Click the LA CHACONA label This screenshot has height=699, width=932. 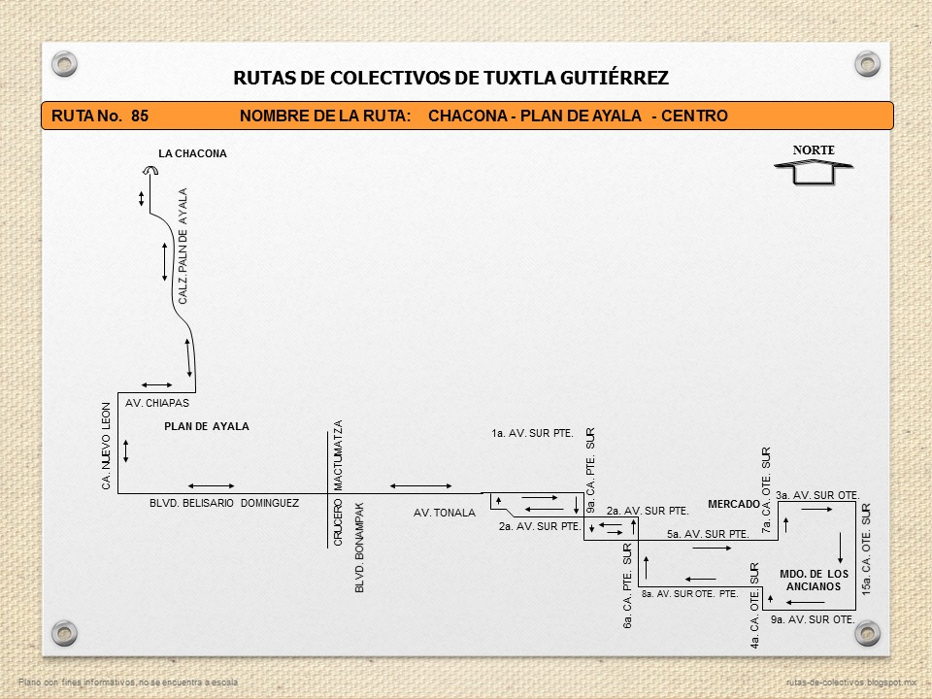192,153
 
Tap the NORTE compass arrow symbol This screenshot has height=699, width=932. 813,171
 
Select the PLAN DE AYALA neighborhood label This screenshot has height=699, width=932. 206,426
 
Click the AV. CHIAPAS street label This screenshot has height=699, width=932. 157,403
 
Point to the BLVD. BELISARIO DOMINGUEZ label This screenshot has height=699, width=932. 224,503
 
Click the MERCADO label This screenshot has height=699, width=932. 733,504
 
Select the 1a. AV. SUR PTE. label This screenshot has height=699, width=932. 532,433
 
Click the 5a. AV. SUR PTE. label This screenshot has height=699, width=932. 707,534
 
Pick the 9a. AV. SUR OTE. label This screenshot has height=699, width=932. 812,619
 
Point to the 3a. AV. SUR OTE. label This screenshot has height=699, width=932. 817,495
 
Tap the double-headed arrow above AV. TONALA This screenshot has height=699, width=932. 419,486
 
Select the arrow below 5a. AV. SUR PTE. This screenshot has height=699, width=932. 712,549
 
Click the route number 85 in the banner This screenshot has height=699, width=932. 139,116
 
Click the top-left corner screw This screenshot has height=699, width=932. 64,64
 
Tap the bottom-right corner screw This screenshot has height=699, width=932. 866,632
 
